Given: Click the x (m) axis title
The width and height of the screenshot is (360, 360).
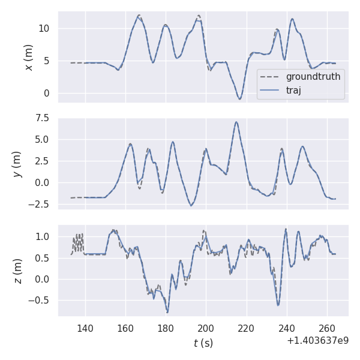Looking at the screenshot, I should tap(28, 57).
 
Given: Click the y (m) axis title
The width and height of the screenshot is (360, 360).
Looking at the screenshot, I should tap(17, 164).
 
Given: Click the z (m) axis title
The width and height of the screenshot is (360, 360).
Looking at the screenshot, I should tap(17, 271).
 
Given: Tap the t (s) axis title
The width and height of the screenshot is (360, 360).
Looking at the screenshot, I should tap(203, 343).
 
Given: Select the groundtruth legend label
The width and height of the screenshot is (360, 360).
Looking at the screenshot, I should tap(313, 77).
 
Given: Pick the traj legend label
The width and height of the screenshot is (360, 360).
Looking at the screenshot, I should tap(293, 91).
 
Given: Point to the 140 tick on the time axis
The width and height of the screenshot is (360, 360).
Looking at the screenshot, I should tap(85, 328).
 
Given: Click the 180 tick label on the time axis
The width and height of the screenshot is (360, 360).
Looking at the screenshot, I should tap(166, 328).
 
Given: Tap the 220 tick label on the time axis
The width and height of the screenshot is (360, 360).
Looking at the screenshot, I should tap(247, 328).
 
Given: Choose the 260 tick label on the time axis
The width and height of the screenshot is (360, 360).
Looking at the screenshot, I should tap(327, 328).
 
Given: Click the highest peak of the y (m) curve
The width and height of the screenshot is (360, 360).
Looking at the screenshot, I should tap(236, 122).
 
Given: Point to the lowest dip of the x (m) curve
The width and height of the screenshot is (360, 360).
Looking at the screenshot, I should tap(239, 99).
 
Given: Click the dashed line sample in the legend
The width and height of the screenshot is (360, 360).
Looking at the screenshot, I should tap(271, 77).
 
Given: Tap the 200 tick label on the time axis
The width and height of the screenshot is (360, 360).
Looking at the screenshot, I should tap(206, 328).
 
